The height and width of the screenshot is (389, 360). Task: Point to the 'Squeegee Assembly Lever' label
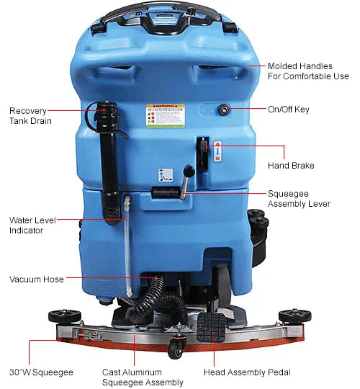coord(299,199)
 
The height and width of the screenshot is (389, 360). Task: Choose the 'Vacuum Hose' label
coord(37,279)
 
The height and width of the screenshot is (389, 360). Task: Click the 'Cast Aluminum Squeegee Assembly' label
coord(137,377)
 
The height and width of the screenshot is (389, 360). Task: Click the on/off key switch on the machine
coord(225,109)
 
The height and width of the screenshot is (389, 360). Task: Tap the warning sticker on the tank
coord(165,115)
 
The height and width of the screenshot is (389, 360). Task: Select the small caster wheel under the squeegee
coord(175,352)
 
